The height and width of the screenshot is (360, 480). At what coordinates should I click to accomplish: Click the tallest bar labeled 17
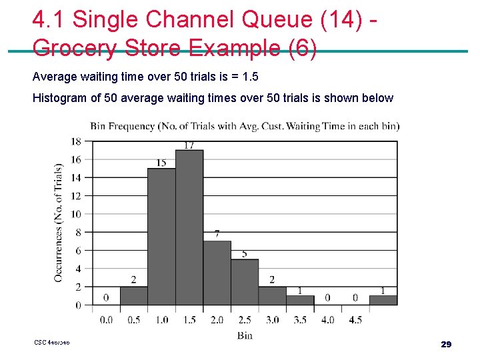189,227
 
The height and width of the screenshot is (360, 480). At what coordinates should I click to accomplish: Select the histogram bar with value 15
161,237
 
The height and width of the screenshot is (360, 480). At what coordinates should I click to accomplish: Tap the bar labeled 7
217,273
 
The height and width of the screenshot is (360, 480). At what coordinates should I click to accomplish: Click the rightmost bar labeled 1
383,300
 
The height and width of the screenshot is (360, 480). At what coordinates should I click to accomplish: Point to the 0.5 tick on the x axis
134,320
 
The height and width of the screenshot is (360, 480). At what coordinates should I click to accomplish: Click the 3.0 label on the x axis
272,320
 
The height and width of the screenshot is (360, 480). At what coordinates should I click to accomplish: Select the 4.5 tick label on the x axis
355,320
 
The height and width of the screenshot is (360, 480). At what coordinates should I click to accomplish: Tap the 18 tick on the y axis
76,141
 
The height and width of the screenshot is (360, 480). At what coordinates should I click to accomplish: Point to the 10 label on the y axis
76,214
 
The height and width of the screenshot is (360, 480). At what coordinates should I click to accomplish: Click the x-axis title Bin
245,335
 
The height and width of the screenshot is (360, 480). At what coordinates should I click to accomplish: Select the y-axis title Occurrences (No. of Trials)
59,222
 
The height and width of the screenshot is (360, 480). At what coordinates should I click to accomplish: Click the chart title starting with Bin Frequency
245,126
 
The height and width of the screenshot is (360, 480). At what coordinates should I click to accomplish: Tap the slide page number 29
446,344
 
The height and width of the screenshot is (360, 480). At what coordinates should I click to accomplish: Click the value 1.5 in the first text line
250,77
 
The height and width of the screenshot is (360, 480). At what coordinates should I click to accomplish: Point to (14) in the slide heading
339,19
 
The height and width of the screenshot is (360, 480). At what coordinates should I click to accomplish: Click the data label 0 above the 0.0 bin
106,298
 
